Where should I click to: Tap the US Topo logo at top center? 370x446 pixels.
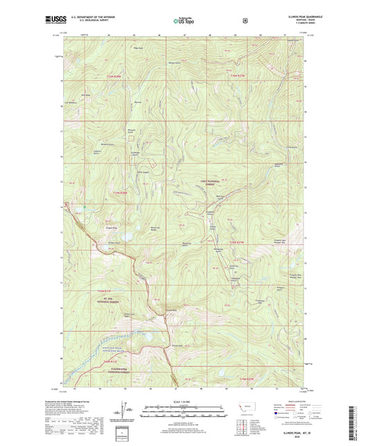[x=184, y=21]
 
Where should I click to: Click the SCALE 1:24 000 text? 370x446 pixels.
[x=184, y=402]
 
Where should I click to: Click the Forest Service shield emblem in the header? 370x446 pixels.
[x=244, y=21]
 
